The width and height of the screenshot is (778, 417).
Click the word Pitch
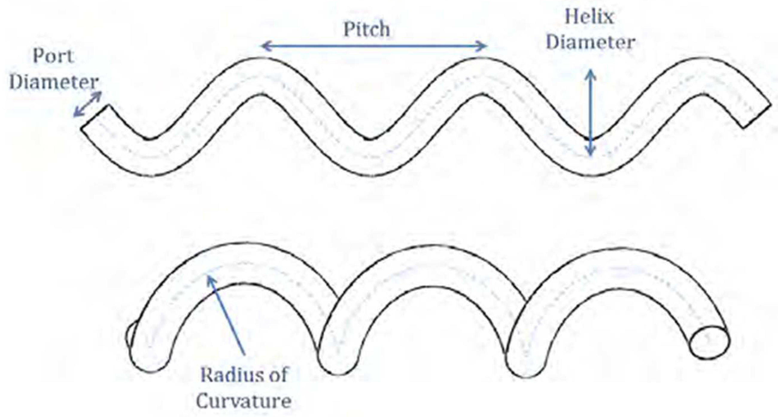[x=367, y=30]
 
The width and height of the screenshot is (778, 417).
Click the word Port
[x=53, y=56]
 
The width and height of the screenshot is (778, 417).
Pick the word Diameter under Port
[x=54, y=82]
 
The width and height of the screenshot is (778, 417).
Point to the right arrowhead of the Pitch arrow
[x=483, y=46]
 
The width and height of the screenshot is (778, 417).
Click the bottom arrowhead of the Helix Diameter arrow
[x=591, y=153]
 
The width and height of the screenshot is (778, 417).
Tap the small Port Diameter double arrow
[x=88, y=104]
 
